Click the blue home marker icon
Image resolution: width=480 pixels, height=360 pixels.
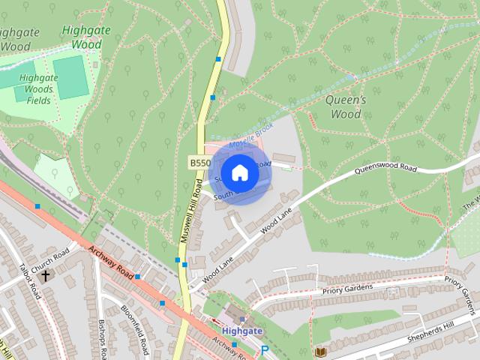[x=239, y=172]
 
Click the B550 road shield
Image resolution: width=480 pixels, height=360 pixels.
[x=199, y=163]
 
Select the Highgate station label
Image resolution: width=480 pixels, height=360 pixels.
[x=241, y=329]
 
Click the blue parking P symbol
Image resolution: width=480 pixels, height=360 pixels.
[x=264, y=350]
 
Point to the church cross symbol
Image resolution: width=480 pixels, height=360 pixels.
[x=45, y=276]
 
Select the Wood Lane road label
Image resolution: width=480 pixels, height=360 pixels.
[x=275, y=223]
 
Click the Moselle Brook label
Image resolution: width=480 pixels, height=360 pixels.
[x=253, y=137]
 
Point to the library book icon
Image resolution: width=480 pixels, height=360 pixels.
[x=321, y=351]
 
